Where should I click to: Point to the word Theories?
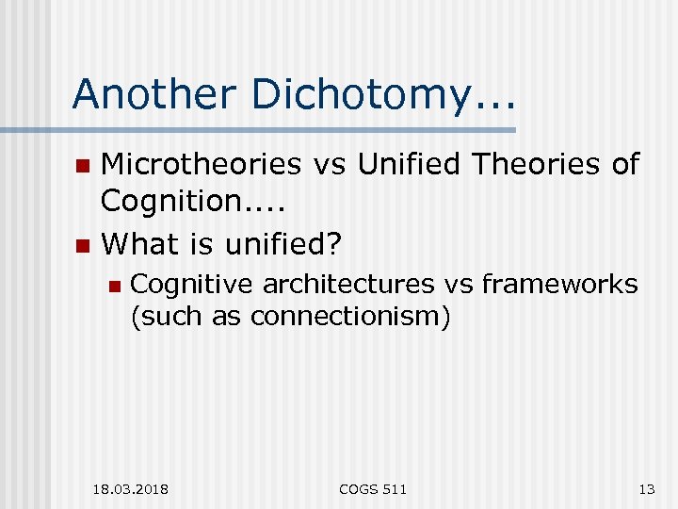coord(537,164)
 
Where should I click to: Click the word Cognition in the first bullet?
coord(169,200)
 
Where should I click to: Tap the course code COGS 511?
coord(374,489)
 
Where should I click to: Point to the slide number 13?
coord(646,489)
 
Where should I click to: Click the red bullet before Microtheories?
coord(83,167)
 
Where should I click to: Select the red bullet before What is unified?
coord(83,247)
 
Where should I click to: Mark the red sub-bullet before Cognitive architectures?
coord(114,286)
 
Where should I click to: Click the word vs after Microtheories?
coord(324,164)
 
